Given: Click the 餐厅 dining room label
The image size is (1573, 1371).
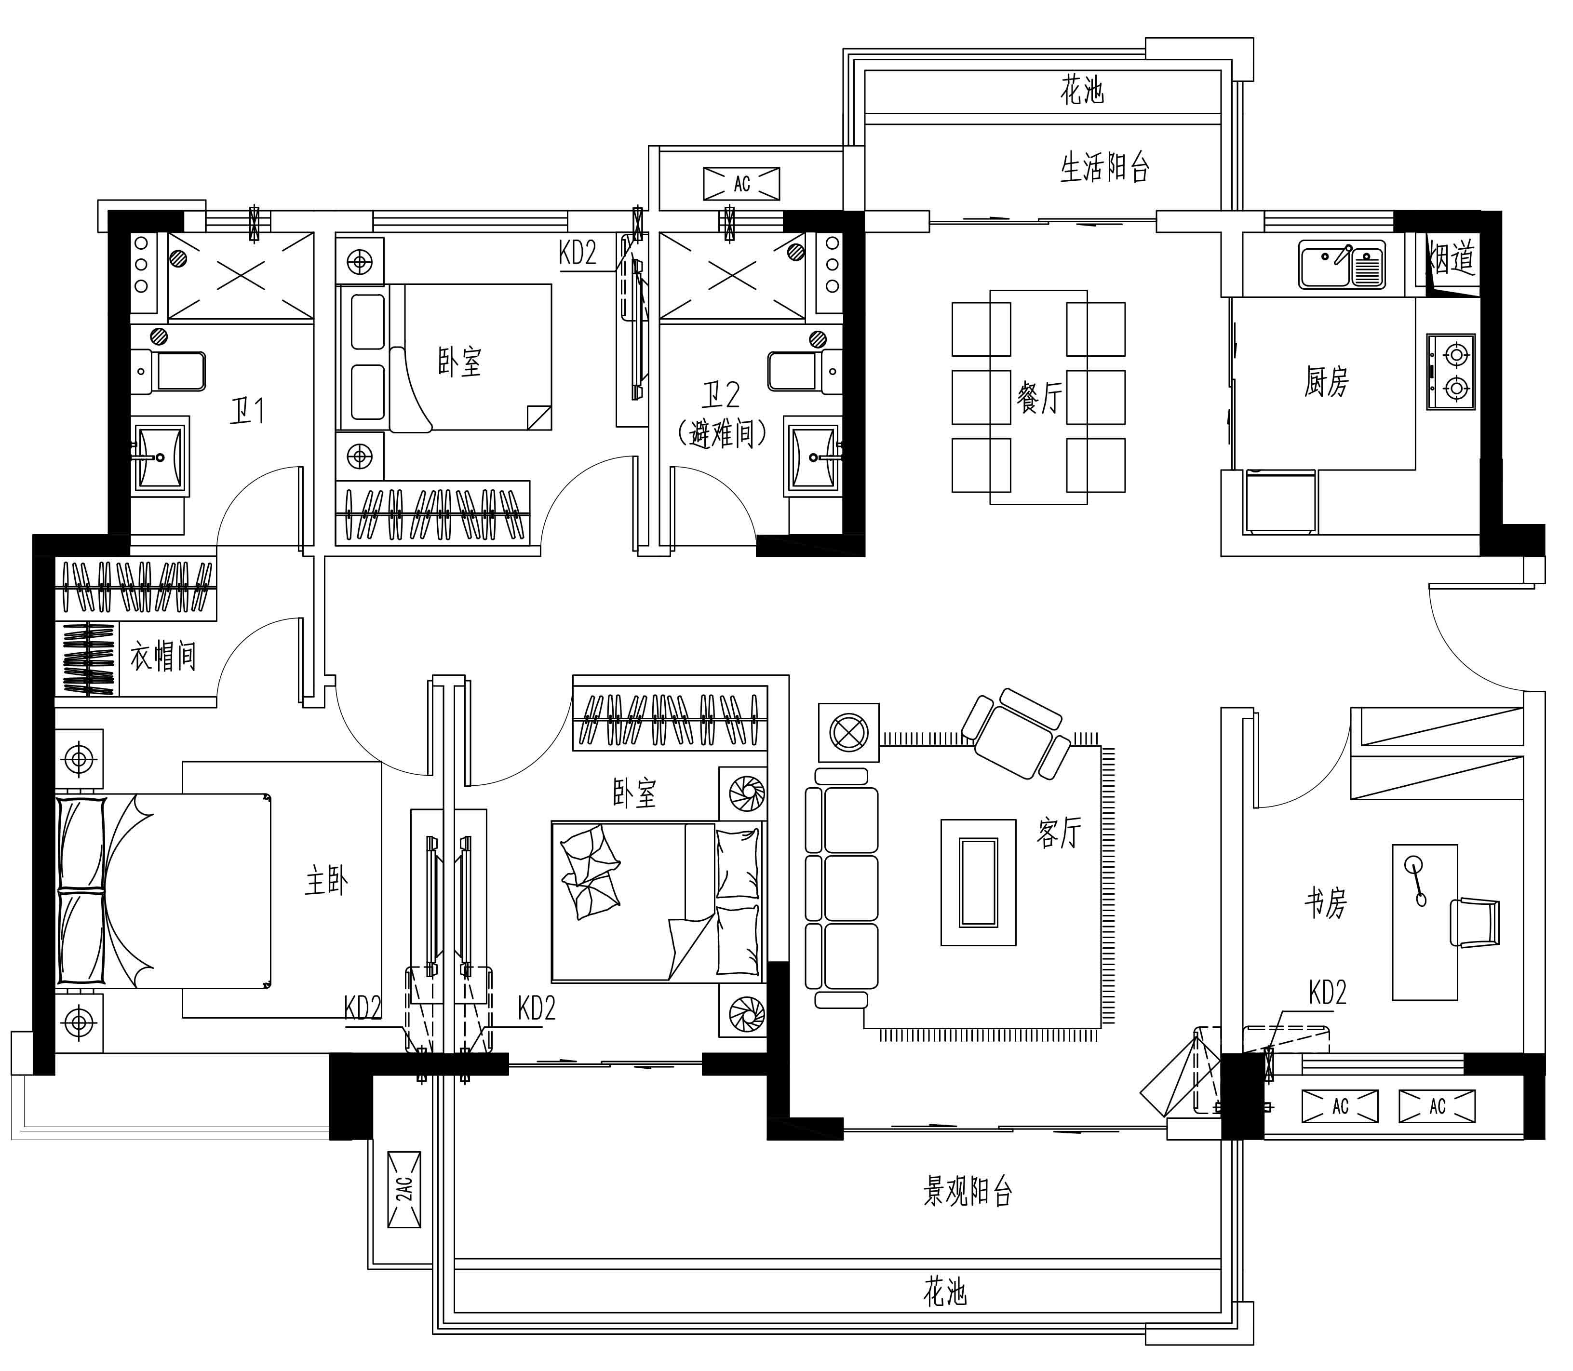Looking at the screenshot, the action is (1040, 398).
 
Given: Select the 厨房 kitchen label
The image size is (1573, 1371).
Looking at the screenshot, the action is (1327, 381).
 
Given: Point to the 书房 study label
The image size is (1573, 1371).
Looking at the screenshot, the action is (1326, 903).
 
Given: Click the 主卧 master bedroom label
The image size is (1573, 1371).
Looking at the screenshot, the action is (327, 881).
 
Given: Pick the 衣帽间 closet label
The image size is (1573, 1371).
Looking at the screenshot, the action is (163, 656).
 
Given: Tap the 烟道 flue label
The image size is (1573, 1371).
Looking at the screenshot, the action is (1452, 259).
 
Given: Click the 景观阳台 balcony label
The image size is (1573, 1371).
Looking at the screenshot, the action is (968, 1191).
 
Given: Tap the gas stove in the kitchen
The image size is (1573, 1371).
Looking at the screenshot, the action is (1451, 372).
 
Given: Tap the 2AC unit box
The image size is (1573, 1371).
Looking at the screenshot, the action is (404, 1188).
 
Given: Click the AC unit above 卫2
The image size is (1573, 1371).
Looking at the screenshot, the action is (741, 184).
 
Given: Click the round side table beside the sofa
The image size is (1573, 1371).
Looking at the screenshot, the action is (848, 733).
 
